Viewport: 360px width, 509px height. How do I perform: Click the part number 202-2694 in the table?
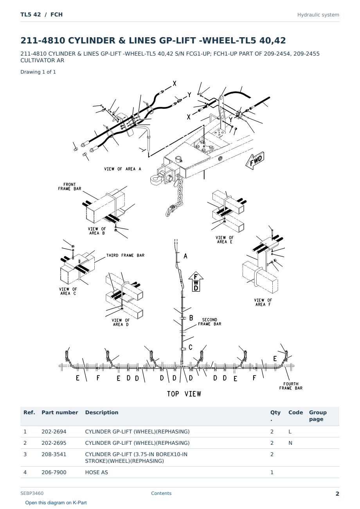coord(54,431)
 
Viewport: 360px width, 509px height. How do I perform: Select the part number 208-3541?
coord(54,454)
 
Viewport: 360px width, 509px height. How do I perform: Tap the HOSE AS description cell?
coord(97,473)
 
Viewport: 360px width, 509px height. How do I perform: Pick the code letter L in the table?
coord(290,431)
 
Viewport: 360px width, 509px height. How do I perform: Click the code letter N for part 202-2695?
coord(290,443)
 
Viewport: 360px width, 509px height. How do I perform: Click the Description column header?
coord(102,412)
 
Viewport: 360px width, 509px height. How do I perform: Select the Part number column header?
coord(60,412)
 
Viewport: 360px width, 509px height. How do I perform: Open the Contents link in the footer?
coord(161,493)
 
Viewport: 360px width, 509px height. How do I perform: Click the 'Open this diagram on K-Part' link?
coord(56,503)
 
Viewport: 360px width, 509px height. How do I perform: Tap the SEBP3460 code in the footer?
coord(32,493)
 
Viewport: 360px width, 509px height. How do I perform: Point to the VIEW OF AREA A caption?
coord(122,169)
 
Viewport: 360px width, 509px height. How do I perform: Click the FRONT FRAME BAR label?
coord(70,186)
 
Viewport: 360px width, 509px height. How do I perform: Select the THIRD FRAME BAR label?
coord(125,255)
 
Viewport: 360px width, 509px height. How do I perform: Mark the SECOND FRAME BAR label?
coord(210,322)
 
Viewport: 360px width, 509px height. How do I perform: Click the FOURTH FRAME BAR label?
coord(291,386)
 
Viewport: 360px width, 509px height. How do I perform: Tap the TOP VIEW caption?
coord(184,394)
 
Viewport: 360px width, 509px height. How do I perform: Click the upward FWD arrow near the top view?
coord(196,282)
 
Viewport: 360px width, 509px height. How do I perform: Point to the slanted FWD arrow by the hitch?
coord(255,160)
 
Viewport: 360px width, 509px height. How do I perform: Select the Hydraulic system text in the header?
coord(318,15)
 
